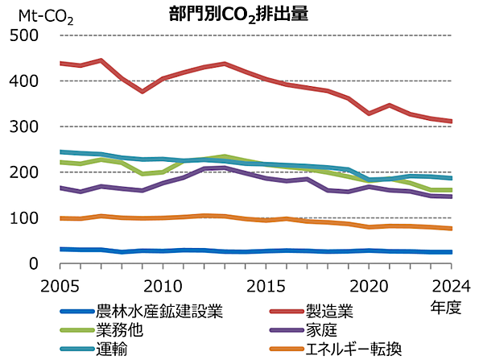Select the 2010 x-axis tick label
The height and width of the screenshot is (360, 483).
pos(163,284)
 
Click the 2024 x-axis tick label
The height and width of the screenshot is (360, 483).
pos(450,284)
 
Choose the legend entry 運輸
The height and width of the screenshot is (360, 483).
pos(109,349)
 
